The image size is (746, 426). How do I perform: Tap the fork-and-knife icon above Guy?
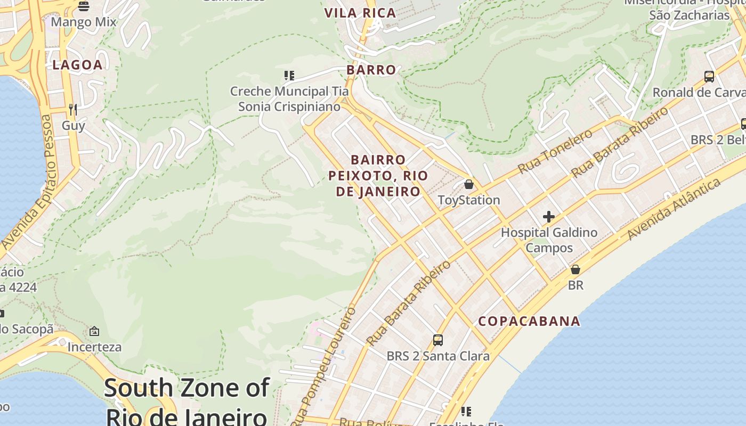coord(73,110)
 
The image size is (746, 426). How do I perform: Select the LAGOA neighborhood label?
coord(77,65)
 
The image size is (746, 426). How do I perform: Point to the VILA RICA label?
coord(360,13)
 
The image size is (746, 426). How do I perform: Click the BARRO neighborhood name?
coord(371,70)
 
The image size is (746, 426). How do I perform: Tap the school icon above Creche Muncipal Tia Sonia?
coord(289,76)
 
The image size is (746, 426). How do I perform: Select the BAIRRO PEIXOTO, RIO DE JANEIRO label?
coord(378,176)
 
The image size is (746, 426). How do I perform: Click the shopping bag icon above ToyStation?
coord(469,184)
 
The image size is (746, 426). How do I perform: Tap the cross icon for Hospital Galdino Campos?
coord(549,217)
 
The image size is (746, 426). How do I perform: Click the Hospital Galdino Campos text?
coord(549,240)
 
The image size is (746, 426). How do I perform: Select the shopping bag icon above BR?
coord(575,269)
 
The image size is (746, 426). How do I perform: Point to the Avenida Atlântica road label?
coord(675,209)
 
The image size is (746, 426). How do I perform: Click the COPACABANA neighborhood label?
coord(529,321)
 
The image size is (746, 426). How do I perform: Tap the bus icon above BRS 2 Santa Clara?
coord(438,340)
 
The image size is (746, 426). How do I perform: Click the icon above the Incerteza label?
coord(94,331)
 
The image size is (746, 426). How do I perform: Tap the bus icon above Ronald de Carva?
coord(709,77)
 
